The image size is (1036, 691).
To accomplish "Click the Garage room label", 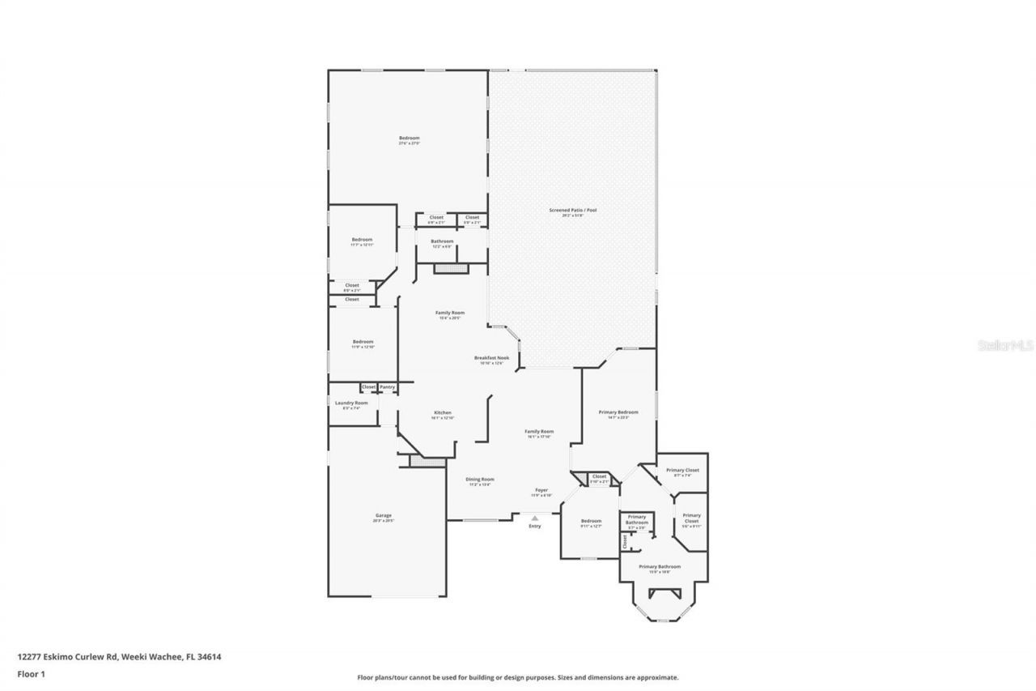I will [x=384, y=515].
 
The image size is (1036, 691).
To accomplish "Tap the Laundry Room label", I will [x=351, y=403].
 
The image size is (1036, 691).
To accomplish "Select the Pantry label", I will [x=388, y=387].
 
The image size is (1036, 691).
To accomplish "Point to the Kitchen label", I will [x=442, y=412].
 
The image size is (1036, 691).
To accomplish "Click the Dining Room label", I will [x=479, y=480].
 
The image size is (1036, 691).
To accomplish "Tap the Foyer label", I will [x=541, y=490].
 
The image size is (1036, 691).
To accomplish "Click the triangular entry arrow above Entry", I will [x=534, y=518].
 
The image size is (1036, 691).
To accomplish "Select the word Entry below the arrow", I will [x=534, y=527].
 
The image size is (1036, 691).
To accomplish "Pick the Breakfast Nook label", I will [x=491, y=358].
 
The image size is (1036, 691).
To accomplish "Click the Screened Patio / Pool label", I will [x=572, y=211].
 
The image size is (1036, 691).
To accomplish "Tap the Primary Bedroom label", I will [x=618, y=412].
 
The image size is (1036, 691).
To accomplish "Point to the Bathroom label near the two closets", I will [x=442, y=241].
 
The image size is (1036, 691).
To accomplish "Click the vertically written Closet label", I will [x=625, y=540].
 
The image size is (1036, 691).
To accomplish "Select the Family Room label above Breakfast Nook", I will [x=450, y=313].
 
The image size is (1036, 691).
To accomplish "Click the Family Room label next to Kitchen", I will [x=539, y=432].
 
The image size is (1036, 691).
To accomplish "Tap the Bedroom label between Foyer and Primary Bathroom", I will [x=591, y=521].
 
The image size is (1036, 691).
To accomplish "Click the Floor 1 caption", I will [x=32, y=673].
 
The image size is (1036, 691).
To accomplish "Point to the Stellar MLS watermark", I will [x=1006, y=345].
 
